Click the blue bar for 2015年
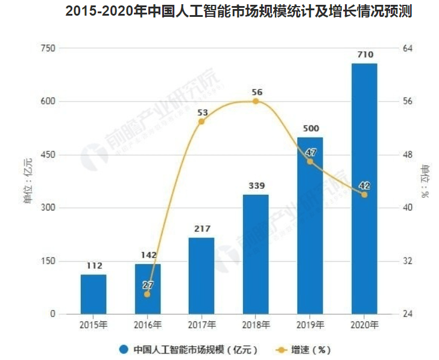pyautogui.click(x=93, y=294)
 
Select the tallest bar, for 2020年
pyautogui.click(x=364, y=189)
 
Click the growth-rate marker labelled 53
pyautogui.click(x=201, y=122)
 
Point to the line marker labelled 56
pyautogui.click(x=256, y=101)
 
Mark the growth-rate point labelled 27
pyautogui.click(x=147, y=294)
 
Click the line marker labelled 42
pyautogui.click(x=364, y=194)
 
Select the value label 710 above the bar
pyautogui.click(x=364, y=55)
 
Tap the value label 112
pyautogui.click(x=93, y=266)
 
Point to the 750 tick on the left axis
pyautogui.click(x=48, y=48)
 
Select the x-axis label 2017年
pyautogui.click(x=201, y=325)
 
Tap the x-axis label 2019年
pyautogui.click(x=310, y=325)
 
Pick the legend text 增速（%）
pyautogui.click(x=311, y=349)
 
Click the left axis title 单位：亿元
pyautogui.click(x=27, y=181)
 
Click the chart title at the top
pyautogui.click(x=239, y=11)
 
